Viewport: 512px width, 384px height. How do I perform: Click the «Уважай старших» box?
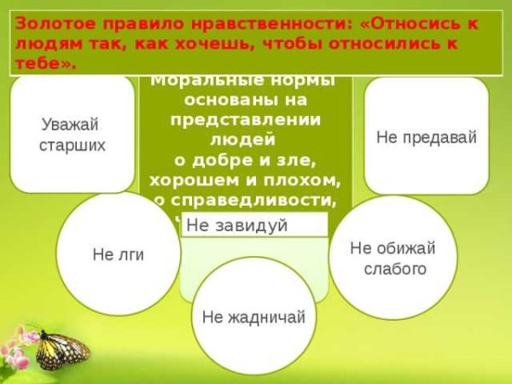pos(73,134)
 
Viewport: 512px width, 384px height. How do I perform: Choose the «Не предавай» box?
pos(426,136)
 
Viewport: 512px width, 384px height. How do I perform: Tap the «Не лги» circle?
pos(118,254)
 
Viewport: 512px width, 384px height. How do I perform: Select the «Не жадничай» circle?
pos(253,317)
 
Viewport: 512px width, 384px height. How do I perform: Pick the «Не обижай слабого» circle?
pos(393,258)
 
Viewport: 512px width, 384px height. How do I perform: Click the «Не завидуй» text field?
pos(254,225)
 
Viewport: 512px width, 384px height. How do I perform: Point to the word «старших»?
pos(73,145)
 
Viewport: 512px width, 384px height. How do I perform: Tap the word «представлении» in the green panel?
pos(245,119)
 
